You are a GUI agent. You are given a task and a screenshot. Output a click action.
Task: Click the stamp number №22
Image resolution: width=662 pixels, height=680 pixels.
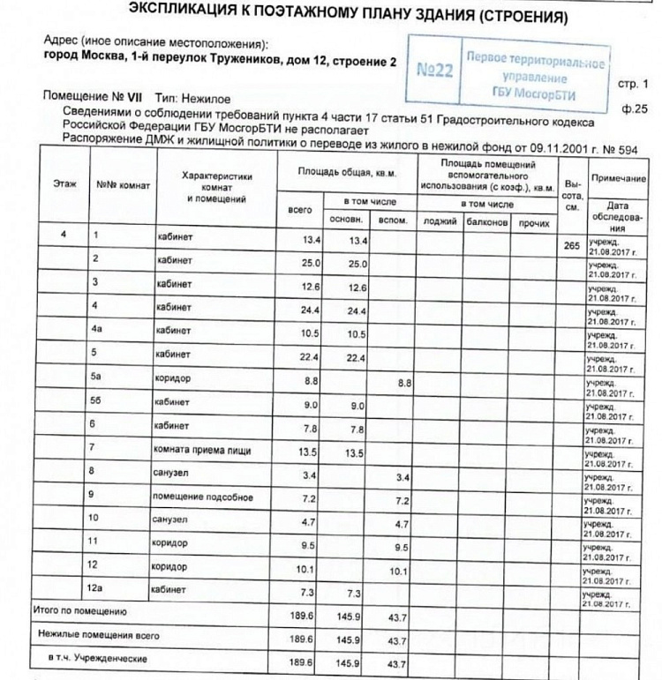coord(434,71)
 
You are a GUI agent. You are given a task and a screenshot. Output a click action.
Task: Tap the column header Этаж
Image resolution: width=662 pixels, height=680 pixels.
coord(64,183)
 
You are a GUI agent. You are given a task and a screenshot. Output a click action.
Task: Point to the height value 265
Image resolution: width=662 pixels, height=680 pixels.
coord(571,245)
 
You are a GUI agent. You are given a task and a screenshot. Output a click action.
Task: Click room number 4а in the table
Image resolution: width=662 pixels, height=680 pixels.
coord(98,331)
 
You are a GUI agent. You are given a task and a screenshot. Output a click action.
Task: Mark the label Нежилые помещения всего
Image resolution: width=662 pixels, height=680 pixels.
coord(98,634)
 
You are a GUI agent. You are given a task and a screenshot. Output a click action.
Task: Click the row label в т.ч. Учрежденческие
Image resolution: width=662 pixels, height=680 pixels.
coord(98,658)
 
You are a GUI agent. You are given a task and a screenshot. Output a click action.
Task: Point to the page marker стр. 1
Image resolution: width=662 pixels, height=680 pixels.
coord(633,85)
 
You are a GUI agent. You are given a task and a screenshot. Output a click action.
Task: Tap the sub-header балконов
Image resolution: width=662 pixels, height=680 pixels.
coord(487,223)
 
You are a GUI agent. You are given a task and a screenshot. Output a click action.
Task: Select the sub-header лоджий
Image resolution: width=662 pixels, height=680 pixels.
coord(440,223)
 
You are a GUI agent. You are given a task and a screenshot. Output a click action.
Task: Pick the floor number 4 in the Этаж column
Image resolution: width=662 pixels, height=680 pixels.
coord(64,235)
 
